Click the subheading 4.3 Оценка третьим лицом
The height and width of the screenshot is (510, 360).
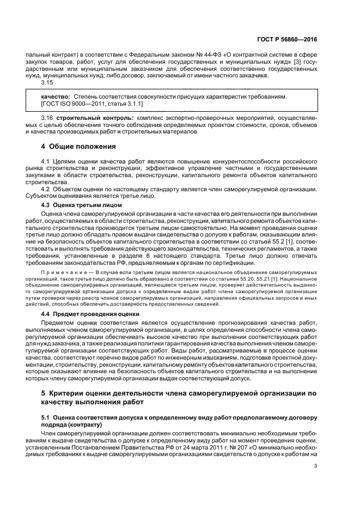click(x=78, y=204)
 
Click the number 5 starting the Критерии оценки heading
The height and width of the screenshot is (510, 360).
click(x=44, y=393)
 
